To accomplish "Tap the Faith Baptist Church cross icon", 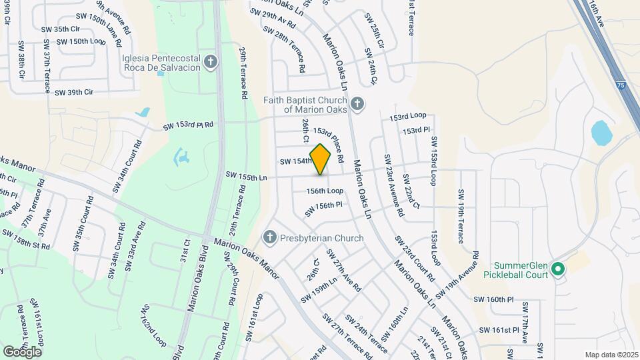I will pyautogui.click(x=358, y=103).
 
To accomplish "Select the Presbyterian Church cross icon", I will pyautogui.click(x=270, y=237).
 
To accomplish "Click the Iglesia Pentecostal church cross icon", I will pyautogui.click(x=211, y=63).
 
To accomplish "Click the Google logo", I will pyautogui.click(x=22, y=351).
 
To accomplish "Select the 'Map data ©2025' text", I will pyautogui.click(x=611, y=355).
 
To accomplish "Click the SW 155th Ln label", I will pyautogui.click(x=247, y=176).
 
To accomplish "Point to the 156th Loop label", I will pyautogui.click(x=325, y=191).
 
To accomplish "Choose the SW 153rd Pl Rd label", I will pyautogui.click(x=189, y=125).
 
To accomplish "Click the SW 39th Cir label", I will pyautogui.click(x=74, y=92).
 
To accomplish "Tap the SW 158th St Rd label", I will pyautogui.click(x=27, y=239).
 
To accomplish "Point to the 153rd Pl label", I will pyautogui.click(x=417, y=131).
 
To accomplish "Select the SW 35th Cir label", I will pyautogui.click(x=61, y=29).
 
